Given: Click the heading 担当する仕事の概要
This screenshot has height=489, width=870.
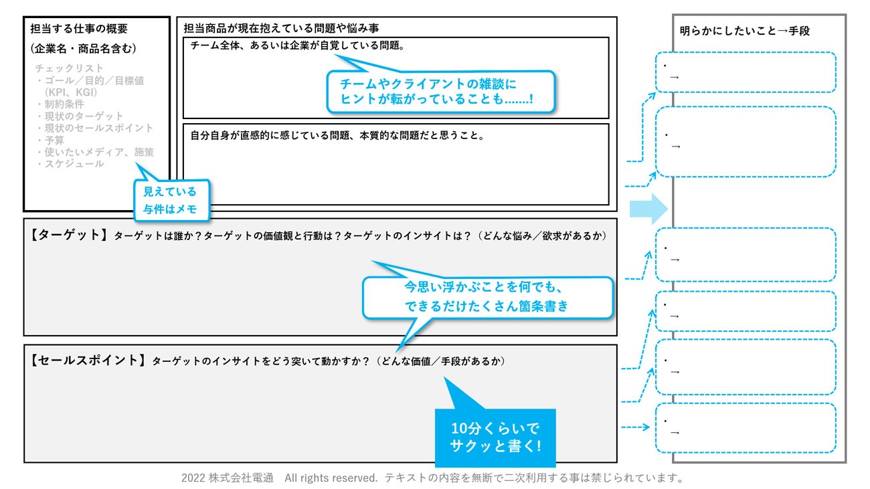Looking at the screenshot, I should tap(79, 29).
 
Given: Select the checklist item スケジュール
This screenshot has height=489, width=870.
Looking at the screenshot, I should tap(74, 163).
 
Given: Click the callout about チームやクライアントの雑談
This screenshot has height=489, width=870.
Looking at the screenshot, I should tap(442, 92).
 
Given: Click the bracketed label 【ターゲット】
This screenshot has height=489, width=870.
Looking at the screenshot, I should tap(69, 235).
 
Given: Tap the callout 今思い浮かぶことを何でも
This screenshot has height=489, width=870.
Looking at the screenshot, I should tap(488, 297).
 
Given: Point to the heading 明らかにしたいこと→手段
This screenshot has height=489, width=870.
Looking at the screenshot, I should tap(746, 31).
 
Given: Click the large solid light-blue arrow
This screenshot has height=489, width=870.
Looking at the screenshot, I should tap(648, 209).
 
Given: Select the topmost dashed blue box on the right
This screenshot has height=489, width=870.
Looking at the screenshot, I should tap(746, 72).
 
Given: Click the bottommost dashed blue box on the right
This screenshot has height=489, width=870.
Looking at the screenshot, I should tap(746, 428).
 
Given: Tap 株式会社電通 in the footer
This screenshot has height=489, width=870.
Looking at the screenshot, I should tap(242, 478).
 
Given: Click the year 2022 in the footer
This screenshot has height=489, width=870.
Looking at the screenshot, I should tap(193, 478).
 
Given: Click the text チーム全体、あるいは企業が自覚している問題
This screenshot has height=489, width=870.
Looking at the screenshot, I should tap(297, 46).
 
